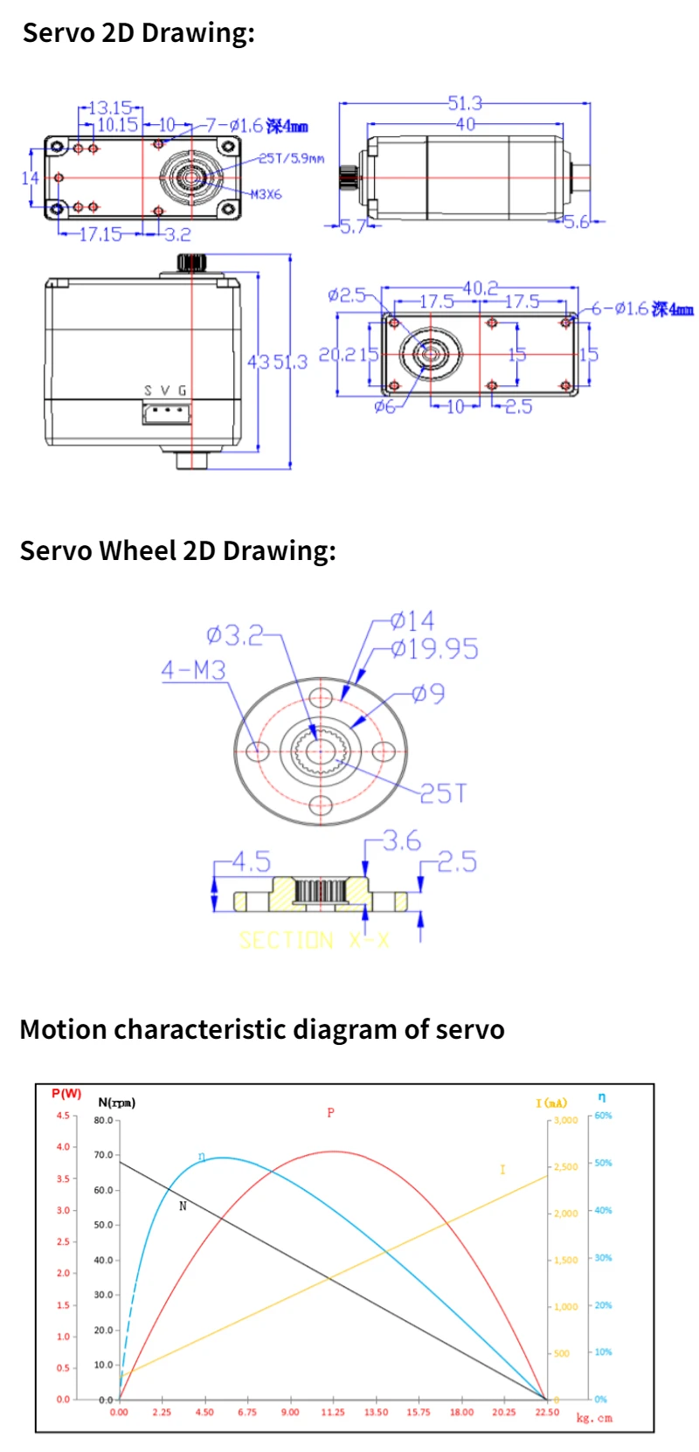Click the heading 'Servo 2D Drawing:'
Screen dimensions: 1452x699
pyautogui.click(x=138, y=33)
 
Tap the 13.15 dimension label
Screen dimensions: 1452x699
pyautogui.click(x=110, y=107)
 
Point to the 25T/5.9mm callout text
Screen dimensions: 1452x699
pyautogui.click(x=291, y=158)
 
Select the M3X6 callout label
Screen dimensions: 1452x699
pyautogui.click(x=266, y=194)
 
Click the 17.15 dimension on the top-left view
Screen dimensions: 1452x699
pyautogui.click(x=100, y=234)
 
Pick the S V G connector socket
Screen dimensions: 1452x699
pyautogui.click(x=166, y=411)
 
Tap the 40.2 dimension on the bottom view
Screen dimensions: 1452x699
pyautogui.click(x=480, y=287)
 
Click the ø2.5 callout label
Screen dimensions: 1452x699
pyautogui.click(x=347, y=294)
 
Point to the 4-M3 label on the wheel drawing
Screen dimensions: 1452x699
pyautogui.click(x=193, y=670)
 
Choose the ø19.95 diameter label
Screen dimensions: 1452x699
pyautogui.click(x=434, y=649)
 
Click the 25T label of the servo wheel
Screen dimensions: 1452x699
pyautogui.click(x=443, y=793)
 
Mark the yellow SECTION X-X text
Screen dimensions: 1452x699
pyautogui.click(x=314, y=940)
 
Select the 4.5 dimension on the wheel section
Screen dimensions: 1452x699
pyautogui.click(x=251, y=862)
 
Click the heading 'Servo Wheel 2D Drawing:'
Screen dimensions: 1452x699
pyautogui.click(x=177, y=550)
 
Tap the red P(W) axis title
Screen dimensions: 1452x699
pyautogui.click(x=66, y=1094)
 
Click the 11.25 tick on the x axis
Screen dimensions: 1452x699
pyautogui.click(x=333, y=1412)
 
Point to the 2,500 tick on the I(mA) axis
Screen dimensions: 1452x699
pyautogui.click(x=565, y=1167)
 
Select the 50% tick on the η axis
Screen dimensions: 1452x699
pyautogui.click(x=603, y=1163)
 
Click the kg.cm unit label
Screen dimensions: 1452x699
pyautogui.click(x=594, y=1418)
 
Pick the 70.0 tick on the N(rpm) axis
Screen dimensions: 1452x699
pyautogui.click(x=104, y=1155)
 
